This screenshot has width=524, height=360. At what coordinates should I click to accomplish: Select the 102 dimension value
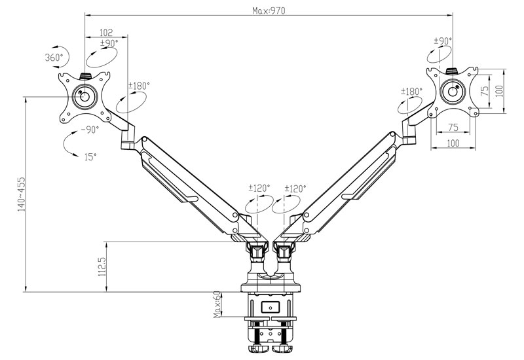106,32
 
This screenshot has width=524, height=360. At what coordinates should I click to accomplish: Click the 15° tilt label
90,157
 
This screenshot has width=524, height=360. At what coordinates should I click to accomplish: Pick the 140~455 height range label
22,194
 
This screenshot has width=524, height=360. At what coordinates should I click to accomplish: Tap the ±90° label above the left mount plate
109,43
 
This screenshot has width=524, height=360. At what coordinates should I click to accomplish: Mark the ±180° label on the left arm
139,86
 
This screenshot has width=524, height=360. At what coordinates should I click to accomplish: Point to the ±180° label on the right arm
412,92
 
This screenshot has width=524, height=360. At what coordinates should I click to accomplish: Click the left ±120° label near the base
259,189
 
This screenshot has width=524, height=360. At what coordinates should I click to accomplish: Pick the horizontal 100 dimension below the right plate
452,143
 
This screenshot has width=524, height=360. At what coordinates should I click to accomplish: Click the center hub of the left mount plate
84,96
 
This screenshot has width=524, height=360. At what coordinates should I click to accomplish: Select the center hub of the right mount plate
452,92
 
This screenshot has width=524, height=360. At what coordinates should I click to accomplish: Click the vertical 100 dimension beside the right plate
500,91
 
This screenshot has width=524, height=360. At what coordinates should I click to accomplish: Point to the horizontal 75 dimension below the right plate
452,127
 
